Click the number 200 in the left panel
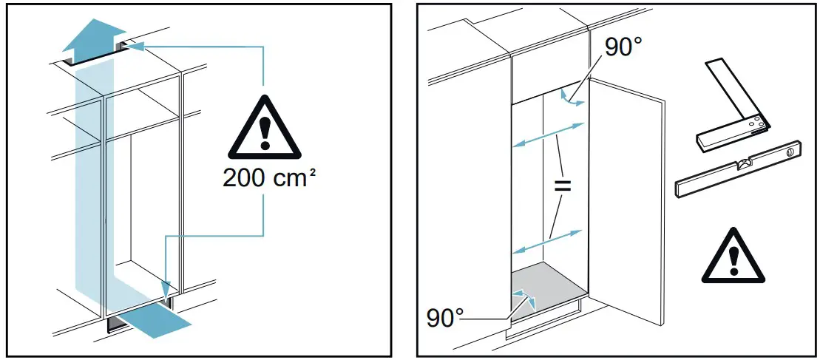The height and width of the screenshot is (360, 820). tap(246, 180)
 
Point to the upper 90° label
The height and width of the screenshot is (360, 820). tap(623, 47)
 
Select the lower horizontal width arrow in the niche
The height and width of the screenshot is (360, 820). tap(547, 242)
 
